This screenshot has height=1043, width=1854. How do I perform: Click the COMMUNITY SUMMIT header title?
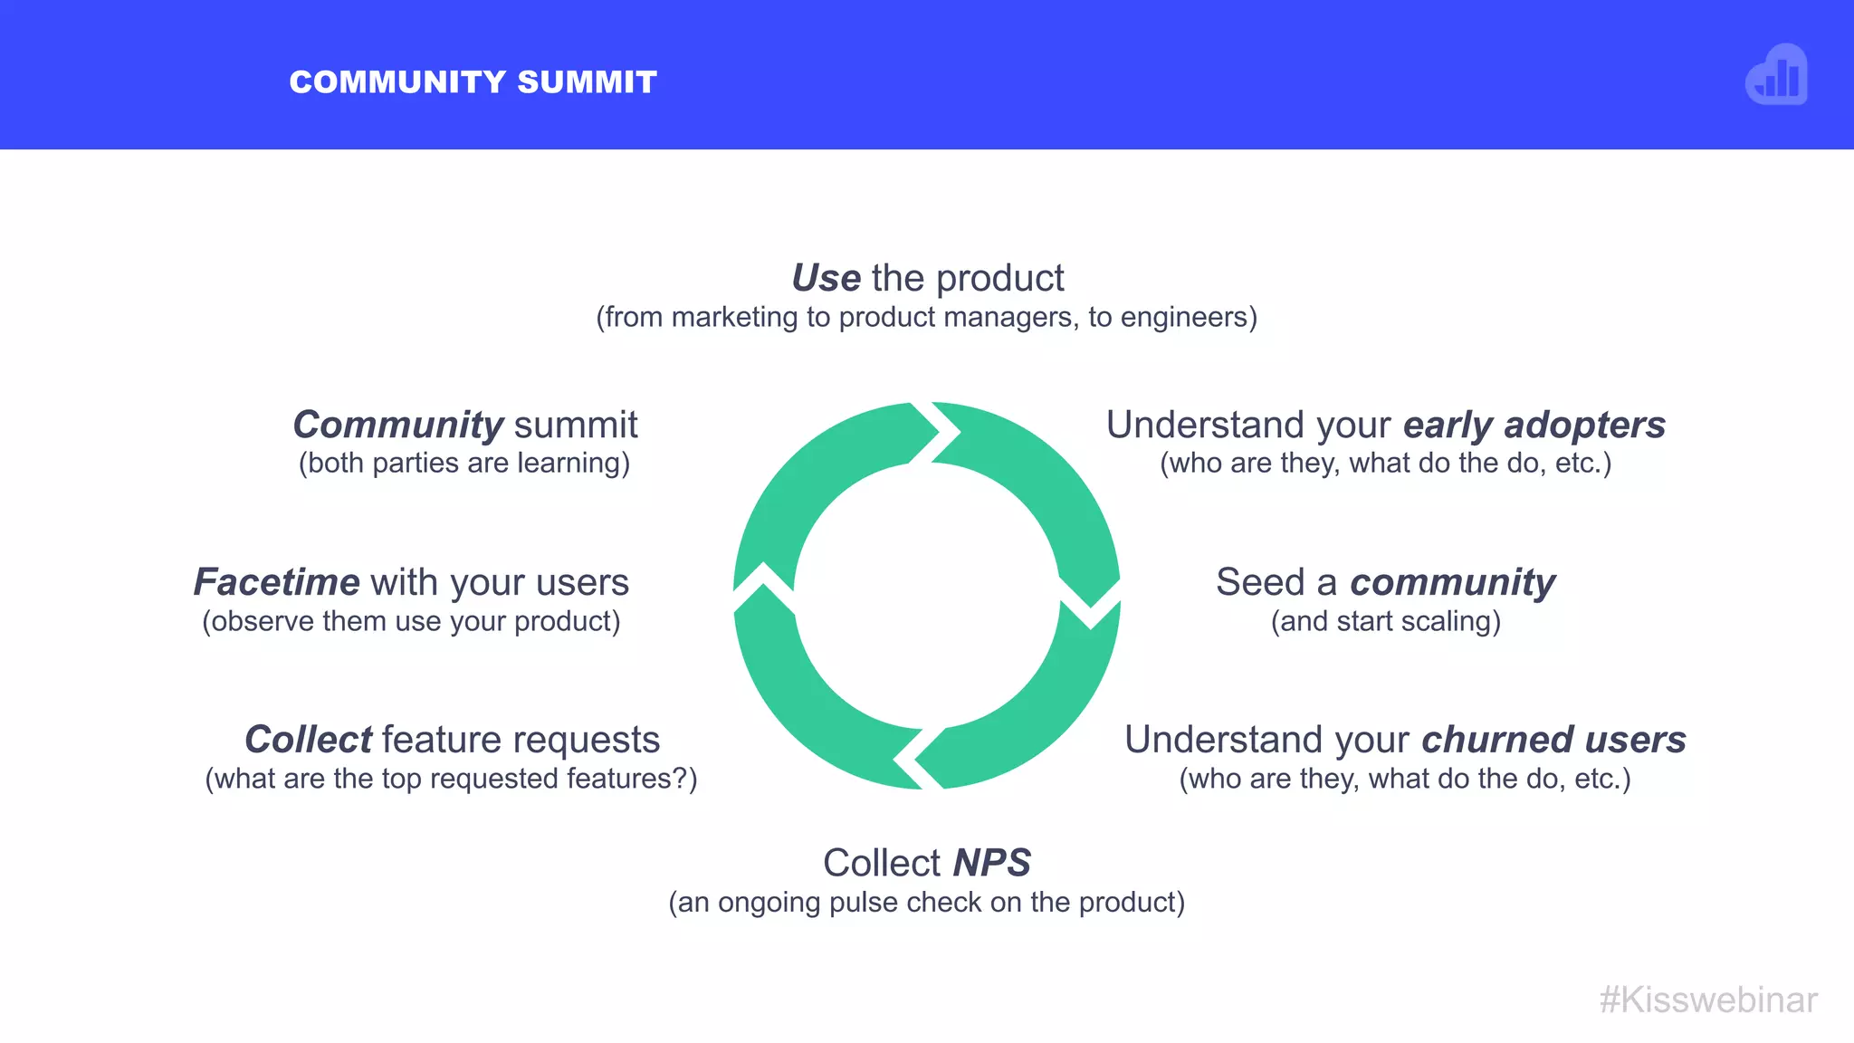[473, 82]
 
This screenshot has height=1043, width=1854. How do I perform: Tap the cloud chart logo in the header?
[1776, 75]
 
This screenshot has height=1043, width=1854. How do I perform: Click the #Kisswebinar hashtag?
[1708, 1000]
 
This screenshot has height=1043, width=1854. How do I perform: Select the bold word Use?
[826, 278]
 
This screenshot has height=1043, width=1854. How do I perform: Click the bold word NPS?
[992, 863]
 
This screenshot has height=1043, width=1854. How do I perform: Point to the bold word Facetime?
[276, 582]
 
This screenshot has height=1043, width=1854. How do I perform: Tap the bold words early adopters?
[1534, 425]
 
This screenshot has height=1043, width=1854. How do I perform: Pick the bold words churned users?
[1553, 740]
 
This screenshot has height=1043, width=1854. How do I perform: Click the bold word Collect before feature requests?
[308, 740]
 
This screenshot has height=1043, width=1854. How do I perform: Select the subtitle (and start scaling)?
[1386, 622]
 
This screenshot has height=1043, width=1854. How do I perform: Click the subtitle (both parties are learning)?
[464, 464]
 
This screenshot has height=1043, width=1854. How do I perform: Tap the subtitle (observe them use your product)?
[411, 622]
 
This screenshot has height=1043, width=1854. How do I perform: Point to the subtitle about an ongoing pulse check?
[926, 903]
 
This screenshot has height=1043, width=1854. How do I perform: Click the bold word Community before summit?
[398, 425]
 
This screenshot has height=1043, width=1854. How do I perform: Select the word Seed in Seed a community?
[1260, 582]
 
